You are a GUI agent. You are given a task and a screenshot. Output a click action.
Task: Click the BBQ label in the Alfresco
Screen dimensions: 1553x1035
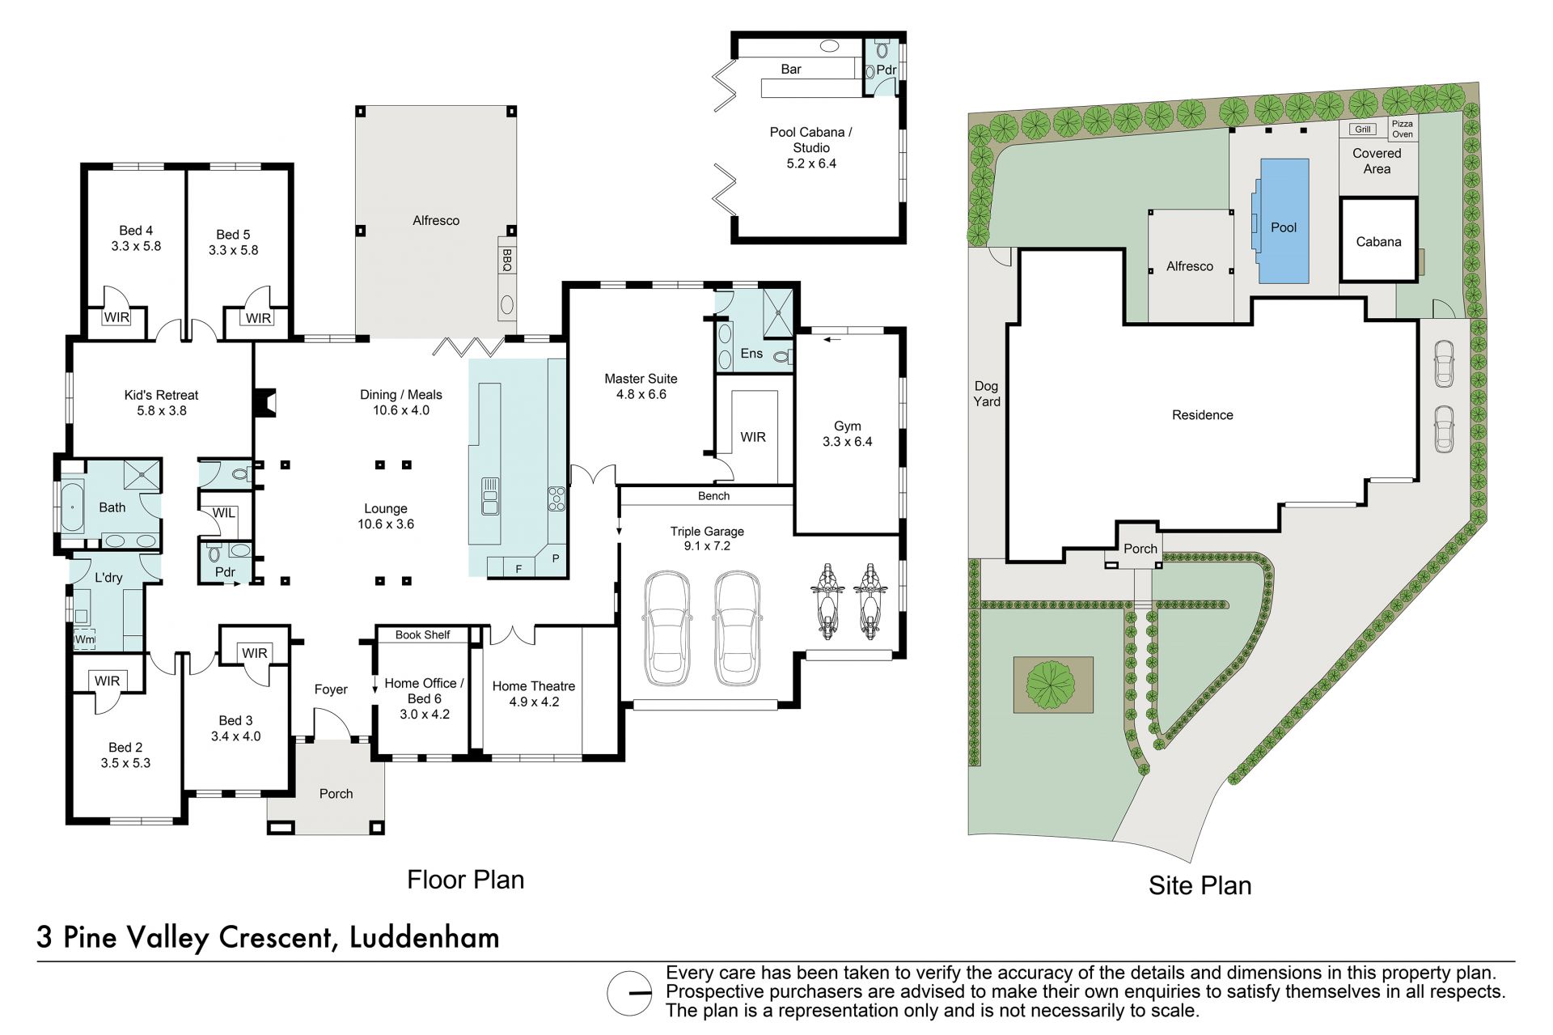pyautogui.click(x=507, y=259)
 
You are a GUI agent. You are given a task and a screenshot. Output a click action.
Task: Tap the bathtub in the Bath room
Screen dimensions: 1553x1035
pyautogui.click(x=72, y=507)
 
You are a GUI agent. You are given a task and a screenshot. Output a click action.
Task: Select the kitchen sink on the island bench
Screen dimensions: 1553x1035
pyautogui.click(x=490, y=496)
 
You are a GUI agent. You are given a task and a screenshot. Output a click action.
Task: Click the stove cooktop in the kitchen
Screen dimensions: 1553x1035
pyautogui.click(x=556, y=498)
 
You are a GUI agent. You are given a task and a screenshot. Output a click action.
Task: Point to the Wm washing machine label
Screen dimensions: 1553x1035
pyautogui.click(x=84, y=639)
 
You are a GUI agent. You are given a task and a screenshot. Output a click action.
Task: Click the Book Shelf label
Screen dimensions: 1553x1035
pyautogui.click(x=422, y=635)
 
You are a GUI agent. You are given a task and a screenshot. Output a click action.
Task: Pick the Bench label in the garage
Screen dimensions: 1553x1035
pyautogui.click(x=713, y=496)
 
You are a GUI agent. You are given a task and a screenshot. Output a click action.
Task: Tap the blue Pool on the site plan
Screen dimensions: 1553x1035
pyautogui.click(x=1284, y=221)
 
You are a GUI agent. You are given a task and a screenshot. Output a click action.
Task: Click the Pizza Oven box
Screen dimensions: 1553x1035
pyautogui.click(x=1403, y=129)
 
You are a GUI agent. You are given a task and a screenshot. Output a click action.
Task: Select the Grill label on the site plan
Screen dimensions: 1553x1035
pyautogui.click(x=1363, y=129)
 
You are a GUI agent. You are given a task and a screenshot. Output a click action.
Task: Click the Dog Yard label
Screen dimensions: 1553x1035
pyautogui.click(x=987, y=394)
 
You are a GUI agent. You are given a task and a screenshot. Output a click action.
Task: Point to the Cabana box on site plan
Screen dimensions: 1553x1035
pyautogui.click(x=1378, y=240)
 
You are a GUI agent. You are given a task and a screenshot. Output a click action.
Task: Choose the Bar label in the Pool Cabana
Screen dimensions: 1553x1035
pyautogui.click(x=791, y=70)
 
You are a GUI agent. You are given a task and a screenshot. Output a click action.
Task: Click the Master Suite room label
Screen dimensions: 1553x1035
pyautogui.click(x=641, y=379)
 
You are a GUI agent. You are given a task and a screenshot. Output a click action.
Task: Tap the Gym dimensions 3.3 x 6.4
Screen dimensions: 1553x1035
pyautogui.click(x=848, y=442)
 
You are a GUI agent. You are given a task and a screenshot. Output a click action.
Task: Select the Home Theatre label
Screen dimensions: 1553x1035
pyautogui.click(x=534, y=686)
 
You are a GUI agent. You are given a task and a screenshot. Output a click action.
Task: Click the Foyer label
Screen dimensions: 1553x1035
pyautogui.click(x=331, y=689)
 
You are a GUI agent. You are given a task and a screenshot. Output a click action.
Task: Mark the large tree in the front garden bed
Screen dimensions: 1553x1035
pyautogui.click(x=1051, y=684)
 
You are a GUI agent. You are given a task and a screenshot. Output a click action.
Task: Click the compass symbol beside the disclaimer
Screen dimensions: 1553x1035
pyautogui.click(x=629, y=993)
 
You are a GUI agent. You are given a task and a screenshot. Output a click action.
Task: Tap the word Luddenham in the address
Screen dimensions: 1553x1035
pyautogui.click(x=425, y=937)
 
